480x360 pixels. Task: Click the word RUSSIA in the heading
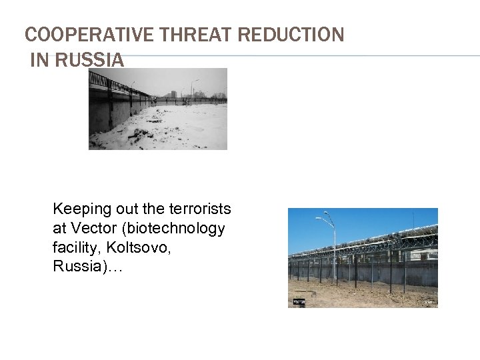click(89, 60)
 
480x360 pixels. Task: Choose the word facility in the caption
click(75, 248)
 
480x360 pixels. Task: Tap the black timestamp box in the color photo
click(299, 302)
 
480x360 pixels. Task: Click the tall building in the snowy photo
click(173, 94)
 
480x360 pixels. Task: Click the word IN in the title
click(39, 60)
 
